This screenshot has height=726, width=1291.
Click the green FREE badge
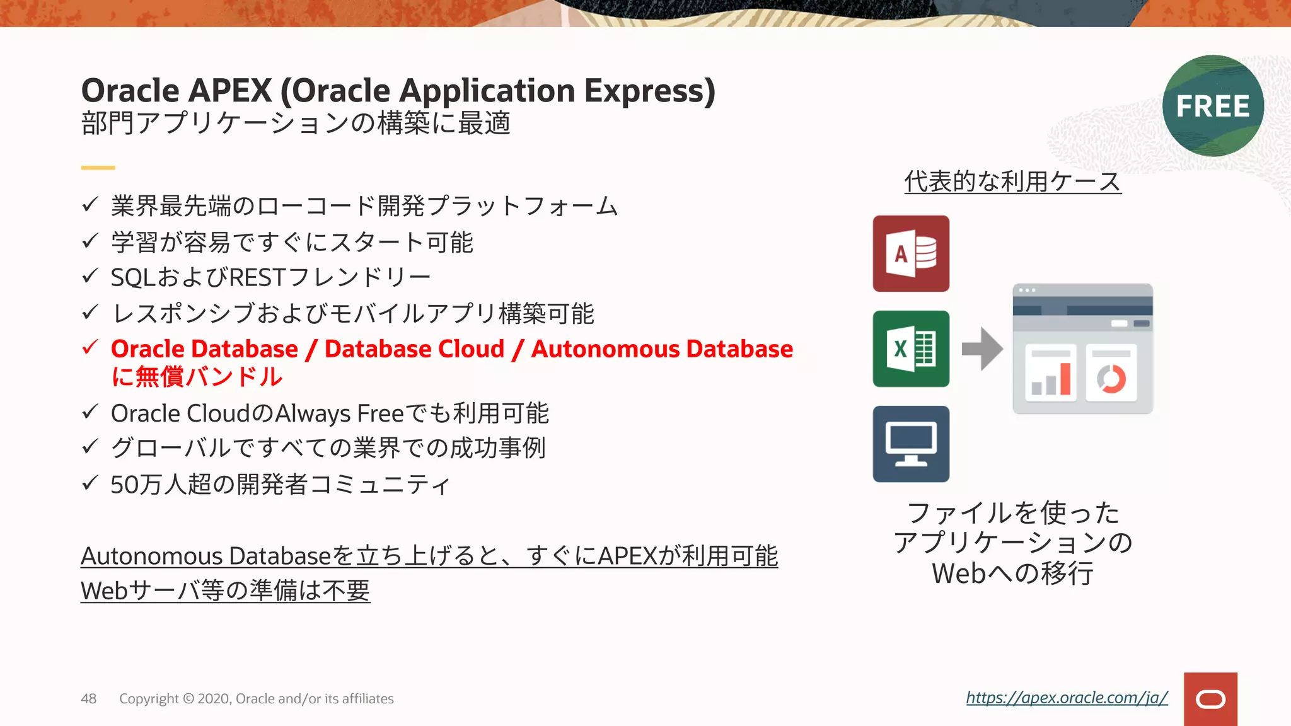click(x=1213, y=106)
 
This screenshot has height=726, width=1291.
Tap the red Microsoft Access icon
click(x=911, y=253)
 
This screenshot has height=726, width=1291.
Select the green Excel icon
click(x=911, y=349)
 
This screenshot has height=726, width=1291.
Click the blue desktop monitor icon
click(x=911, y=444)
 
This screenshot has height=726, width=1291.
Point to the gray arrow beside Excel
click(x=982, y=349)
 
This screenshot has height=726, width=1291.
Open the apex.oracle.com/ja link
click(x=1067, y=698)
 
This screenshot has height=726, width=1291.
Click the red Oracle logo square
click(x=1210, y=699)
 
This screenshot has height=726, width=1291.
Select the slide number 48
click(x=88, y=698)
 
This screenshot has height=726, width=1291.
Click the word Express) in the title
click(x=649, y=91)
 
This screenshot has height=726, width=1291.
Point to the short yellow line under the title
click(x=98, y=168)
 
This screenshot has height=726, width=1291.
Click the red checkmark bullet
click(x=91, y=347)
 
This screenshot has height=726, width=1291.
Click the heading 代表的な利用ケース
click(x=1012, y=181)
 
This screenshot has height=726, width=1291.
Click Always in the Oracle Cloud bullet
click(x=313, y=414)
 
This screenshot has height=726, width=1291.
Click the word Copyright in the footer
click(x=149, y=699)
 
